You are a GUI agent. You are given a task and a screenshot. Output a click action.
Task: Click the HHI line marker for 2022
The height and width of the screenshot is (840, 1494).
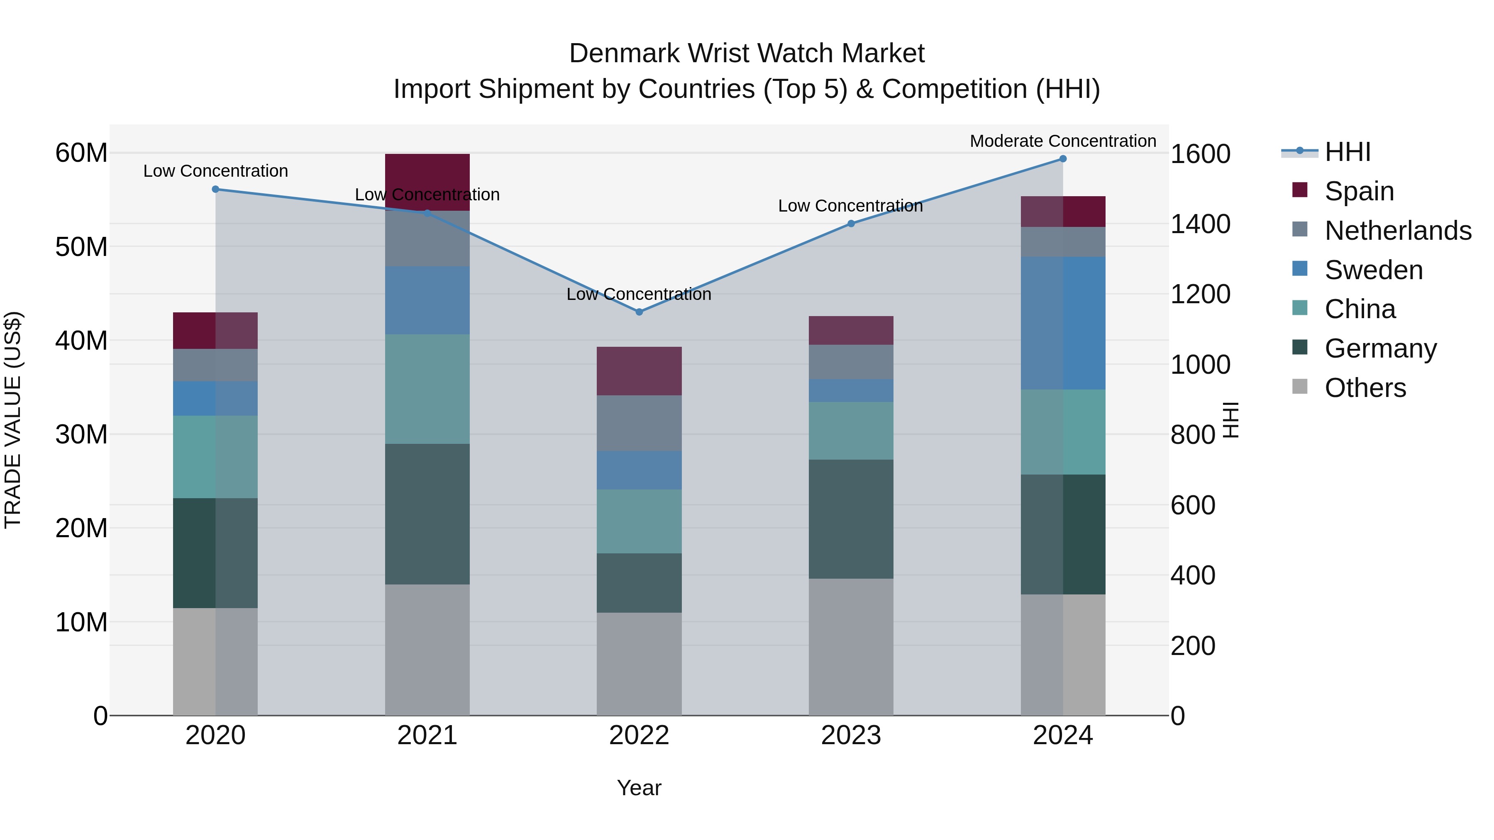[x=639, y=312]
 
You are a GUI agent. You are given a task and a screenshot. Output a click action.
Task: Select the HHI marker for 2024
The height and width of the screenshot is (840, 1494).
[x=1062, y=159]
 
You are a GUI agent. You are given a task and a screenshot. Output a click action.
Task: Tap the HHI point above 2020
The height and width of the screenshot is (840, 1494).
[x=215, y=190]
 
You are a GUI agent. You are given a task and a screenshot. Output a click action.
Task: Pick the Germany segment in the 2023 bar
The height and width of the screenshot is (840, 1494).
[x=851, y=519]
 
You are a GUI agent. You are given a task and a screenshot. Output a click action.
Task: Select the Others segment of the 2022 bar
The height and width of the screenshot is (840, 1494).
[x=639, y=664]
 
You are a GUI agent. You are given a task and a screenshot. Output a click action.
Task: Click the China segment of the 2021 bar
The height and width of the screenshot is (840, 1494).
[x=427, y=389]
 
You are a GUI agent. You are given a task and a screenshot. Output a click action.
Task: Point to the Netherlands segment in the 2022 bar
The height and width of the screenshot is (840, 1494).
[x=639, y=423]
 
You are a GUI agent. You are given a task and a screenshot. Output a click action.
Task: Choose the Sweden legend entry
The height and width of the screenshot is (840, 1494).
[x=1373, y=270]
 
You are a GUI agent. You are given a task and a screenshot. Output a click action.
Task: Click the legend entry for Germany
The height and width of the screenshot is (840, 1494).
[x=1380, y=348]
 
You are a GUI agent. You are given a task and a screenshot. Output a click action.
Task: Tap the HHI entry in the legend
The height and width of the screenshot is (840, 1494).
[x=1347, y=152]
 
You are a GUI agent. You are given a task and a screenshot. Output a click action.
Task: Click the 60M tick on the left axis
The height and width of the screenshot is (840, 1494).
[x=81, y=153]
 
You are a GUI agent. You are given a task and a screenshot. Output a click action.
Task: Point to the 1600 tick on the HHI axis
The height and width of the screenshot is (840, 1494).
[x=1200, y=154]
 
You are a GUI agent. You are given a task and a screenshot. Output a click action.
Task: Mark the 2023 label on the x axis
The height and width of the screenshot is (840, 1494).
[x=851, y=735]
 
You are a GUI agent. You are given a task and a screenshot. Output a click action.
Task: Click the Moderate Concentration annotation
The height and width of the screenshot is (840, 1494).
[x=1062, y=141]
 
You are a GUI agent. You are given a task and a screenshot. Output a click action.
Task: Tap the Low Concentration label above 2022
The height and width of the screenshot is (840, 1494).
[x=639, y=294]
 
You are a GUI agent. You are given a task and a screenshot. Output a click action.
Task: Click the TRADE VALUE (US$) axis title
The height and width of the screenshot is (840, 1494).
[x=13, y=420]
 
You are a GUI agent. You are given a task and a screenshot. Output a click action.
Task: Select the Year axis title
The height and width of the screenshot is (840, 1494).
[x=639, y=788]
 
